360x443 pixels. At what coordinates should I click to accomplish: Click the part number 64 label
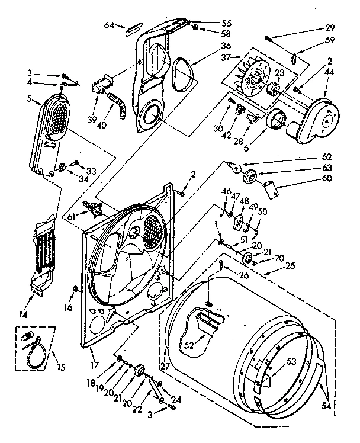(109, 25)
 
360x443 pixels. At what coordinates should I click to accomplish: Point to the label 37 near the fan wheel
(226, 57)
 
